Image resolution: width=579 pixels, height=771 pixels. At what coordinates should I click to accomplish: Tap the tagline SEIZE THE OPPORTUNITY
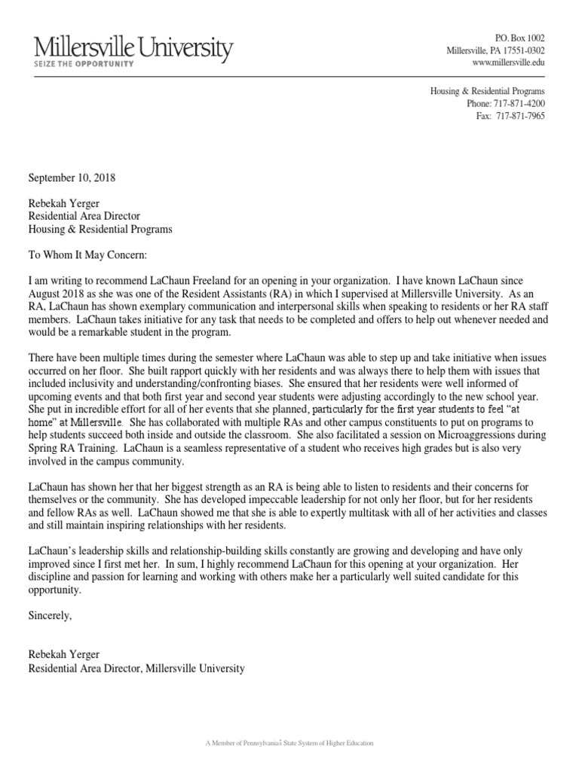(84, 65)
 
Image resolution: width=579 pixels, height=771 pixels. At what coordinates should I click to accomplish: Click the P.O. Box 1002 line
(519, 38)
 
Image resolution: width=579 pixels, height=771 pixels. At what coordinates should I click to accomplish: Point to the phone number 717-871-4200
(519, 103)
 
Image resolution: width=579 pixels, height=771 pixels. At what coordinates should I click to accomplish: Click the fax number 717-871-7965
(519, 115)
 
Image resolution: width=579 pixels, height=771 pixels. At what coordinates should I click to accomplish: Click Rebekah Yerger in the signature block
(65, 655)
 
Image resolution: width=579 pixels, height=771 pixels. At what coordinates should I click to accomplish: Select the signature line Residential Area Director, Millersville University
(136, 668)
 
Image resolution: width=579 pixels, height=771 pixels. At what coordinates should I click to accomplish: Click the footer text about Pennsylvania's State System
(289, 743)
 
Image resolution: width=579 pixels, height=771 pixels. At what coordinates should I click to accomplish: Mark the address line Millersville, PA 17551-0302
(495, 50)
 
